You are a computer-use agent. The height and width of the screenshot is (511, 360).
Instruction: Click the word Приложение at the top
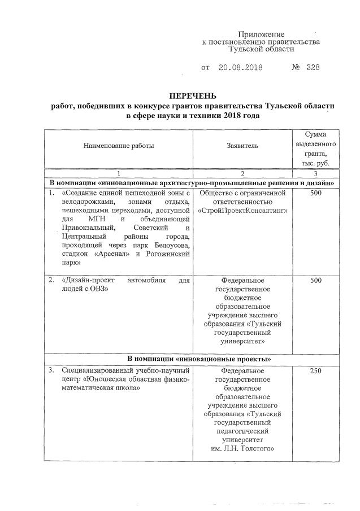point(261,34)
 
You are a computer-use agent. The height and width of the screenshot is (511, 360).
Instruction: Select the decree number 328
point(313,68)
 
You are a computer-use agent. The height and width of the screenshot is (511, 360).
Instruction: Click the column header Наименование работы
point(119,146)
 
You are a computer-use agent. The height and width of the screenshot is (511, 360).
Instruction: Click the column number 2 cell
point(242,174)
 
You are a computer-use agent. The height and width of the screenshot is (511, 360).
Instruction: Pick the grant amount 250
point(316,371)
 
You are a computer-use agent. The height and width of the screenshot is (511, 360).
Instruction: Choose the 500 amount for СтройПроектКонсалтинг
point(316,194)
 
